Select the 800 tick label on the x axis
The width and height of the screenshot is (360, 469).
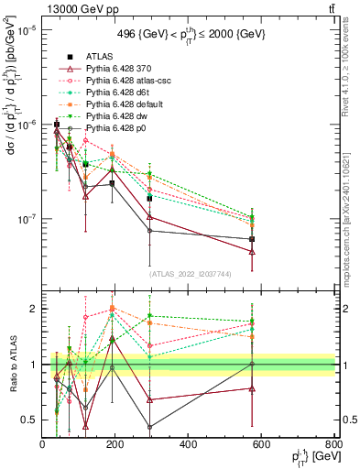pos(333,445)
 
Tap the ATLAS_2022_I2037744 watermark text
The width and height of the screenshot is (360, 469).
pos(189,274)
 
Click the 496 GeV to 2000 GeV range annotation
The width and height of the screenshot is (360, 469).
pos(189,34)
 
